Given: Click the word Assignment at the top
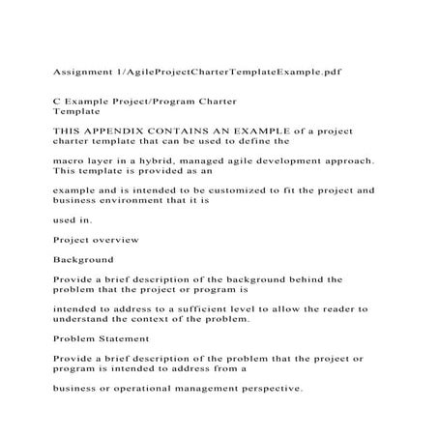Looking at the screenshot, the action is tap(72, 72).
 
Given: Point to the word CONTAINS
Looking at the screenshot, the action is tap(170, 129).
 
